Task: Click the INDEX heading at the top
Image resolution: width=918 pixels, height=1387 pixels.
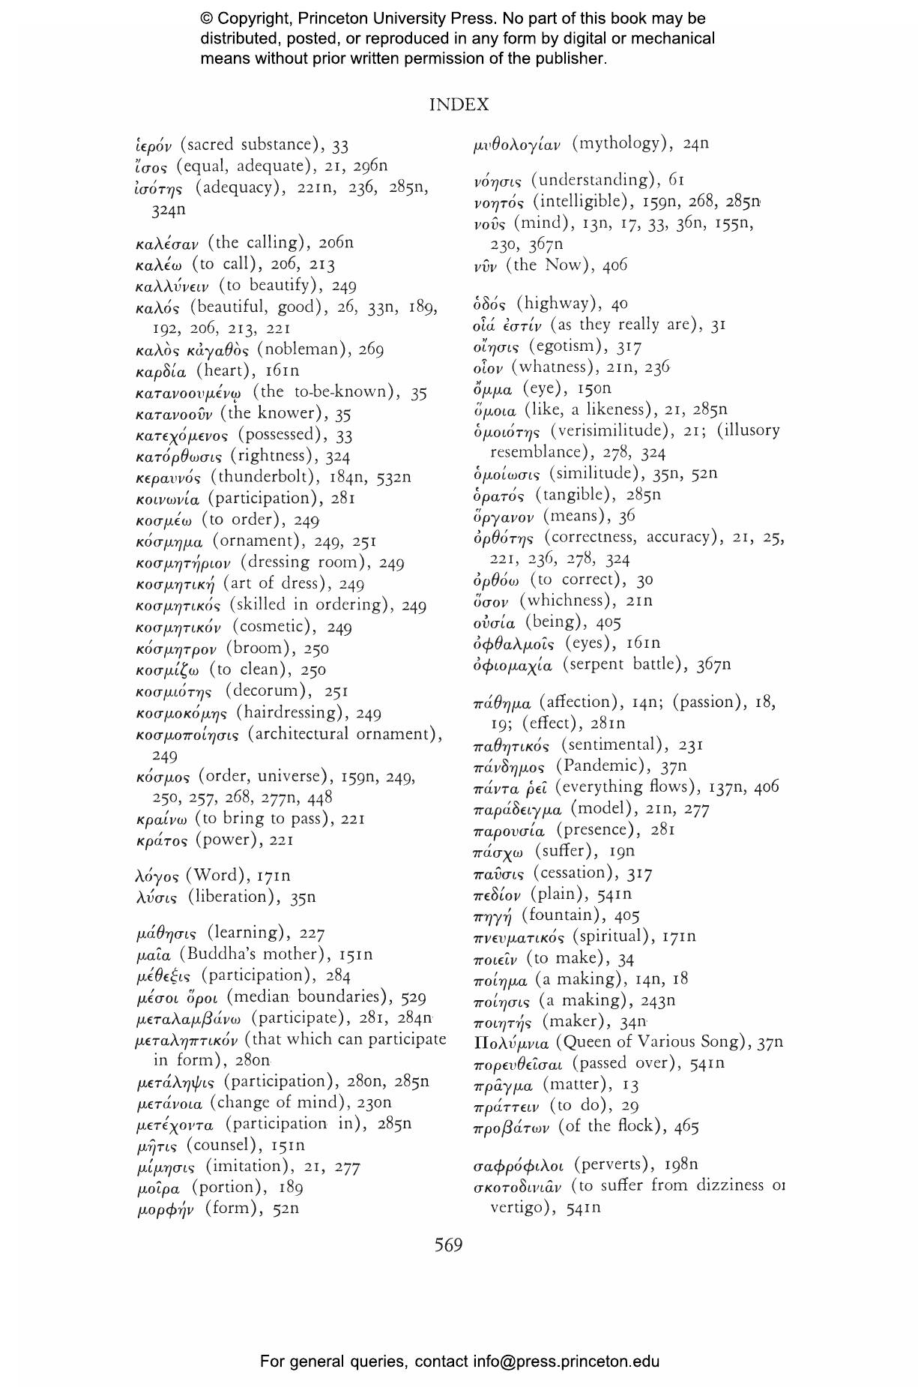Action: coord(459,105)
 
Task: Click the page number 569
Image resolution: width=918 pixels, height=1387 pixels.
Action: coord(448,1245)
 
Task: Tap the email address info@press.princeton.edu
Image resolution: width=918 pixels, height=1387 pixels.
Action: coord(566,1362)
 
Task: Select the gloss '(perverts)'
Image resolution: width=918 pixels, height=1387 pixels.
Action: coord(613,1164)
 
